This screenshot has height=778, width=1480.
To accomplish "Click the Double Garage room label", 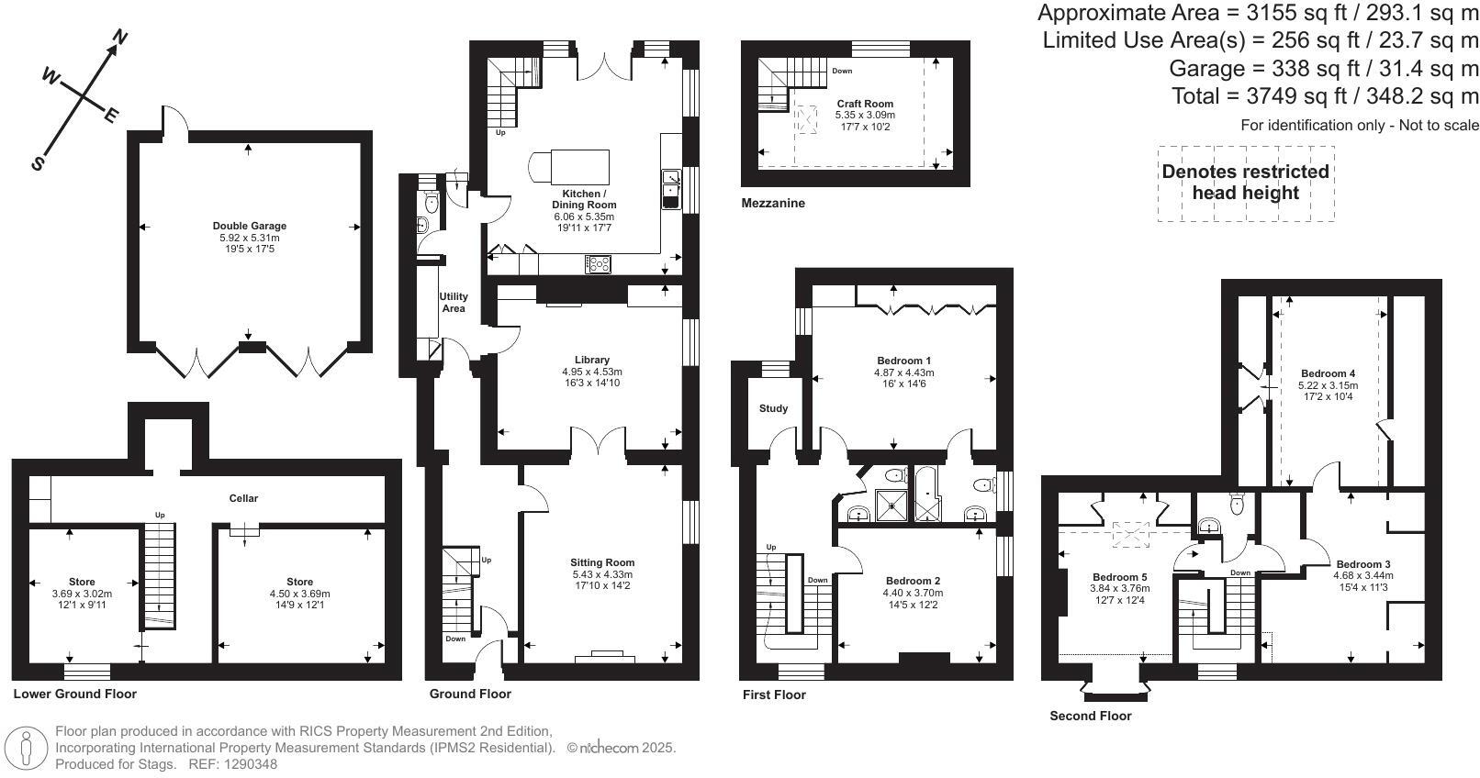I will pos(250,226).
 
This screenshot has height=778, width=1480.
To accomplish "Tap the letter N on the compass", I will pos(119,38).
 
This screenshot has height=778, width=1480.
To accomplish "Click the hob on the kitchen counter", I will pos(598,264).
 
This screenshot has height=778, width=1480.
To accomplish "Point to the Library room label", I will pos(591,360).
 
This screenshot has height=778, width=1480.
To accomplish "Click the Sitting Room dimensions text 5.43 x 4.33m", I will pos(602,575).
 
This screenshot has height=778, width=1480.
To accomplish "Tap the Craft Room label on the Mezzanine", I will pos(864,104).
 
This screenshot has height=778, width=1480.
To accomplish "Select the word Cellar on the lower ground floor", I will pos(243,498).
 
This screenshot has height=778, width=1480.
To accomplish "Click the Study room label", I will pos(773,408).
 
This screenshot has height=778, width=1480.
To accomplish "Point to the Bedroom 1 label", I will pos(903,361).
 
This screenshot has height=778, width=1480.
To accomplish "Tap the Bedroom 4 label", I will pos(1328,373).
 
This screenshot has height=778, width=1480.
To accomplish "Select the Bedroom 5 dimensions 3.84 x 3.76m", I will pos(1119,589).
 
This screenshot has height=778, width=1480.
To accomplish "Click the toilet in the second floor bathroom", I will pos(1237,502).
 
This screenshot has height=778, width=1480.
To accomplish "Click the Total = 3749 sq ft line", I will pos(1325,96).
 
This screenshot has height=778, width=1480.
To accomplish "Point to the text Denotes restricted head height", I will pos(1245,182).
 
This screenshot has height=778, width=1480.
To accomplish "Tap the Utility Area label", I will pos(454,302).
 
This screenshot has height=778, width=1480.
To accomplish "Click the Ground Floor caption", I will pos(470,694).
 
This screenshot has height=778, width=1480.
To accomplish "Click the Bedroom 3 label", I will pos(1362,564).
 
